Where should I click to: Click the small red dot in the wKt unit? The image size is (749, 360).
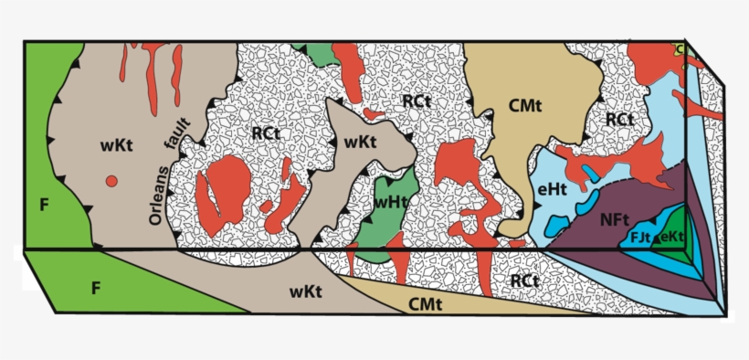pos(111,181)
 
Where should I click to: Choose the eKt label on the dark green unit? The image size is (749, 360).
pos(670,237)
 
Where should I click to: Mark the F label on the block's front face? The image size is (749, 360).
pos(95,288)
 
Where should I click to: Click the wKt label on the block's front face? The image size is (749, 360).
pos(305,291)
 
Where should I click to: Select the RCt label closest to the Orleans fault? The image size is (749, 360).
pos(265,134)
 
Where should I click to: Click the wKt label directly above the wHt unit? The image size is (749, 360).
pos(359,142)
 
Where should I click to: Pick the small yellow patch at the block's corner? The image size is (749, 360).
pos(678,48)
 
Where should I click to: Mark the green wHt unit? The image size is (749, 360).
pos(395,215)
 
